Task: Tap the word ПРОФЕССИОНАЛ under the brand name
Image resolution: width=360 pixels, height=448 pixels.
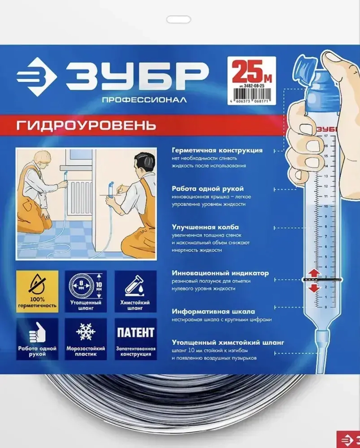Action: [x=144, y=100]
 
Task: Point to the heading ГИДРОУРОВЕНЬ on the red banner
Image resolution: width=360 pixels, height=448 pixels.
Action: [x=86, y=126]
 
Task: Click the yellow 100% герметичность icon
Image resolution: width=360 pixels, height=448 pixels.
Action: [x=37, y=291]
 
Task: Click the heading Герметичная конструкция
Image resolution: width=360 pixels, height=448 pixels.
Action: [x=217, y=150]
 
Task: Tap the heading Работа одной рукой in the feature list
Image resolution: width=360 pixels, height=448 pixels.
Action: [x=208, y=189]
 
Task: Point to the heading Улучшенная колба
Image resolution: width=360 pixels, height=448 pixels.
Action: [x=205, y=227]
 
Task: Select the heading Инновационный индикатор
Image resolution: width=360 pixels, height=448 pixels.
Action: [x=220, y=273]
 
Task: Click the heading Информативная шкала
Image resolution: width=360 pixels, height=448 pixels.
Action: [x=213, y=312]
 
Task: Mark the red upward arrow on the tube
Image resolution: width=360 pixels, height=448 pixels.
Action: [x=314, y=272]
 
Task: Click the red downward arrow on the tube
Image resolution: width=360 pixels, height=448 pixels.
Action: [x=314, y=288]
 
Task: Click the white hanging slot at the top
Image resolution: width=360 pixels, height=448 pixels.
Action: [x=179, y=19]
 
